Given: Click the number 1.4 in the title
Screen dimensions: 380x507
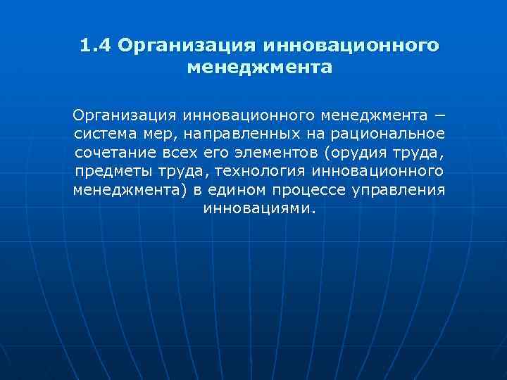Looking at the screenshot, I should point(95,46).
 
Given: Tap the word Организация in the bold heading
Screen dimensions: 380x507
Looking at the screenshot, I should point(185,46).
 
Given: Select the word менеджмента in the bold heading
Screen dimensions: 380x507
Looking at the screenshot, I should point(259,68).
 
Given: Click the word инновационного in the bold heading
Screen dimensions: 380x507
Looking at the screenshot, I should point(350,46).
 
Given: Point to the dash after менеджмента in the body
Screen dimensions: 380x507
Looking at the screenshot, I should point(440,115).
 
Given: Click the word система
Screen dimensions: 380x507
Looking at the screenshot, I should point(104,133).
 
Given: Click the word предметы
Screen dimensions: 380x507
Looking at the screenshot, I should point(109,171).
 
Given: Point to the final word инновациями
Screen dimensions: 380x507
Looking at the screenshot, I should point(258,209).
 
